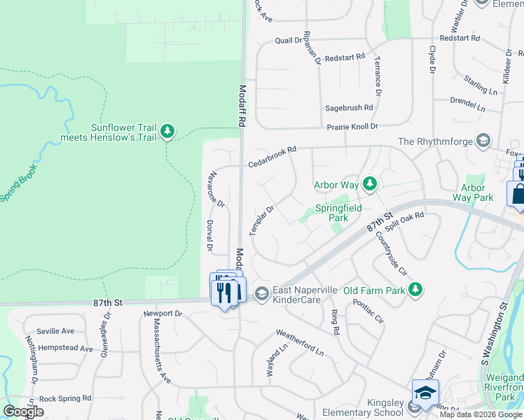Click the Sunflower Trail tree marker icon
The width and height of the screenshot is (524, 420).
167,130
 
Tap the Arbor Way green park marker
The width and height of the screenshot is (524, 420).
370,185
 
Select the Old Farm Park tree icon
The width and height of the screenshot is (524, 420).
415,288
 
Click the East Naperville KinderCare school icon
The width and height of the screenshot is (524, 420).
261,293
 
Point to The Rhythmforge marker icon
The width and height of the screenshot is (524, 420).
482,141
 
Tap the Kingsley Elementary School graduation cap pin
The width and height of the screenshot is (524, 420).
425,395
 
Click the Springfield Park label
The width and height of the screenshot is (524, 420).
338,213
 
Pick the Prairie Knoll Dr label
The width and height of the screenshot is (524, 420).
352,127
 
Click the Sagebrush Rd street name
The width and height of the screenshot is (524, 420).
348,108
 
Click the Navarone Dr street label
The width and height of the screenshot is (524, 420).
215,190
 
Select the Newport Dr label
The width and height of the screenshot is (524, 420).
162,314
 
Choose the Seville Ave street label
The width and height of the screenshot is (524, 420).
56,331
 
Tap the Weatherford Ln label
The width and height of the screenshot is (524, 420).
299,342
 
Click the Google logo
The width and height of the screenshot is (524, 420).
24,412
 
